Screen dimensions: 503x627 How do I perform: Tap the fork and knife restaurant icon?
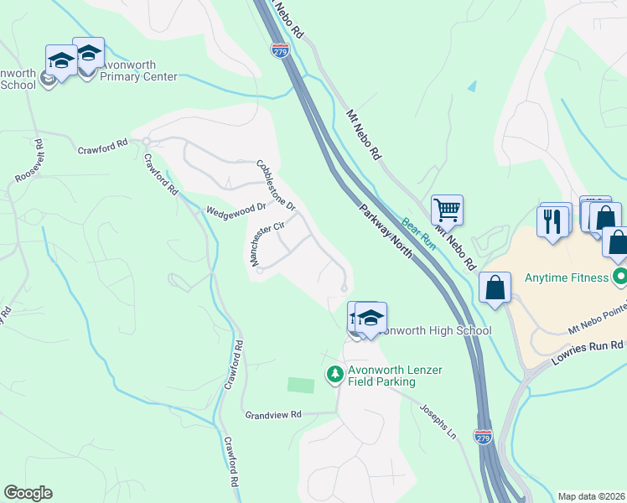tap(552, 220)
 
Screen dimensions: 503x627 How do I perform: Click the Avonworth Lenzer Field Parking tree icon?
tap(334, 373)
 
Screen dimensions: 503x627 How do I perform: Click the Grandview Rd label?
tap(272, 414)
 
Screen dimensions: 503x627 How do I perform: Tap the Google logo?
tap(28, 493)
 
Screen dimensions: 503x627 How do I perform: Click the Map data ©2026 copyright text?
tap(590, 496)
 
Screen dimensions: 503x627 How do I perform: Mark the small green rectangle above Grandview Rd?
tap(300, 385)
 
